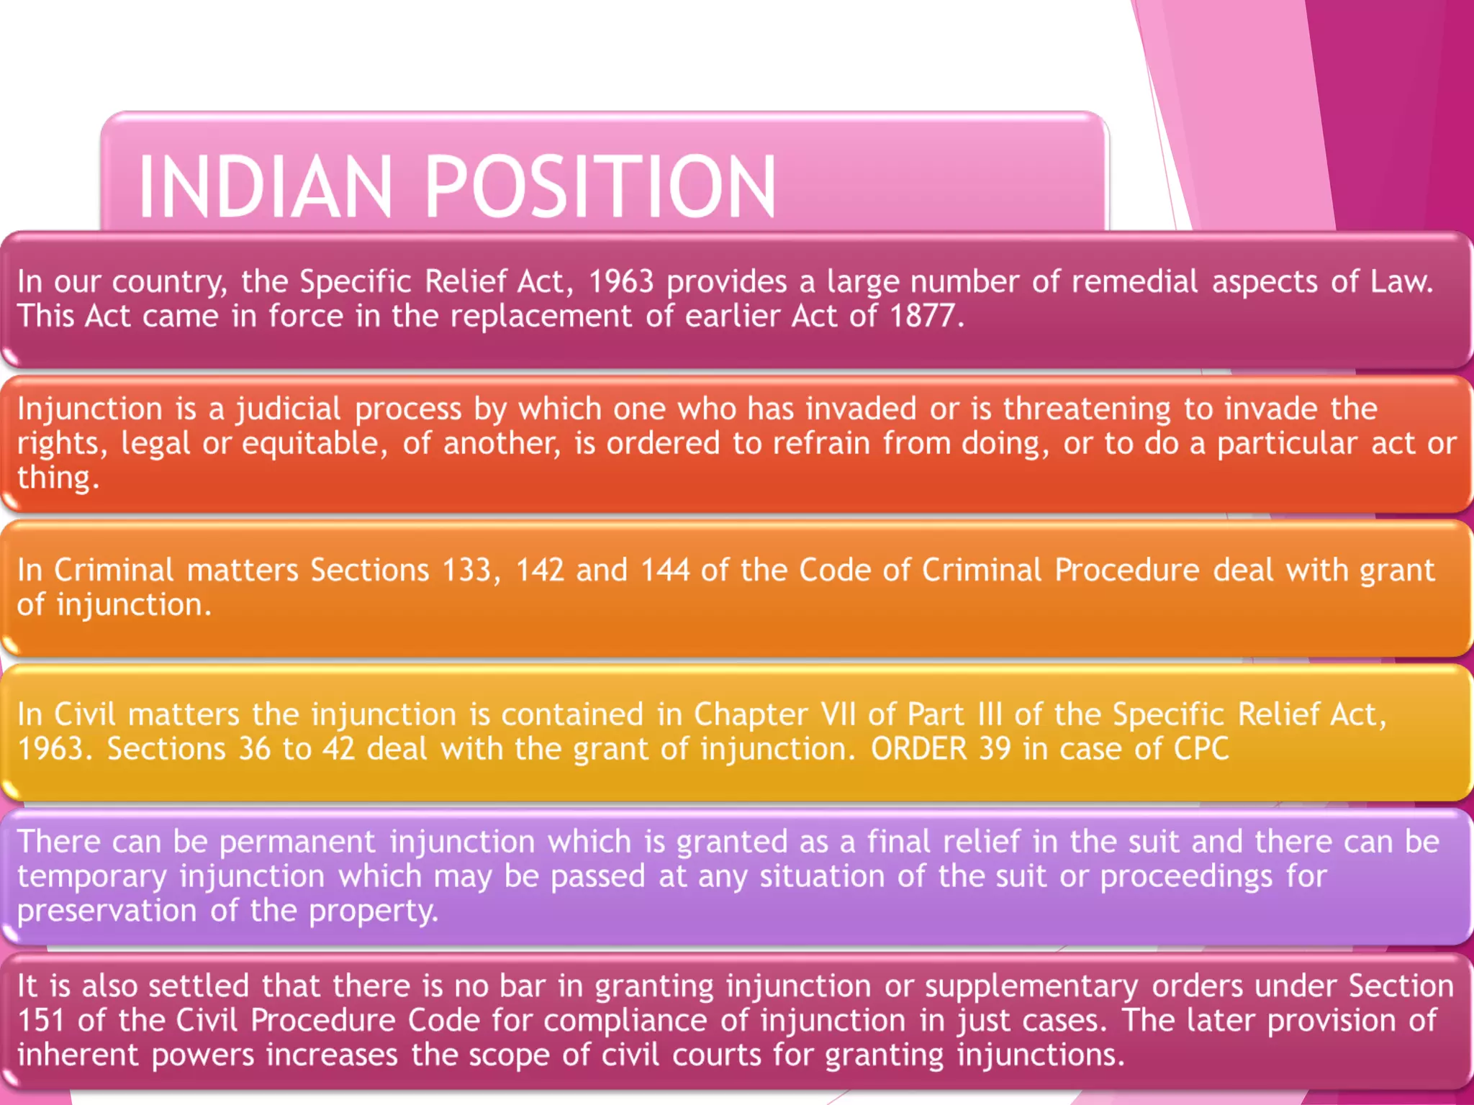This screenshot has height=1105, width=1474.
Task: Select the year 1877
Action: pyautogui.click(x=922, y=316)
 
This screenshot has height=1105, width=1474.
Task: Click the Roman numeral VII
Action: pyautogui.click(x=838, y=714)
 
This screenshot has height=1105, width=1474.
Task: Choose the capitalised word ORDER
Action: pyautogui.click(x=918, y=749)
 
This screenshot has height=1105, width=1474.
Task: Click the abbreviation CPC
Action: pyautogui.click(x=1201, y=749)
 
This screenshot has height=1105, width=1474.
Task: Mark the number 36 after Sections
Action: pyautogui.click(x=255, y=749)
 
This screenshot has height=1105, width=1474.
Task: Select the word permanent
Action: pyautogui.click(x=297, y=842)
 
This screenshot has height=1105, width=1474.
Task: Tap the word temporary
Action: pyautogui.click(x=92, y=877)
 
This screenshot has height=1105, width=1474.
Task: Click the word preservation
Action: pyautogui.click(x=107, y=911)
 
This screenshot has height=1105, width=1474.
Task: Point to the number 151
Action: pyautogui.click(x=41, y=1021)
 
